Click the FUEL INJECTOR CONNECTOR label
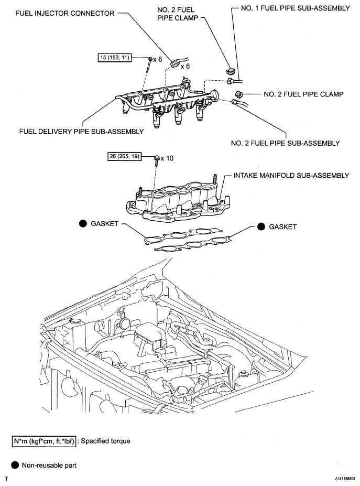pos(65,13)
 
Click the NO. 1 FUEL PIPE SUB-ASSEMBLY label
pos(295,8)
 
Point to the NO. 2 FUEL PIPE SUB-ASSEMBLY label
pos(286,143)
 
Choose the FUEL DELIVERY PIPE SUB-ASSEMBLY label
pos(81,132)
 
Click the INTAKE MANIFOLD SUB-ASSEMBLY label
pos(291,176)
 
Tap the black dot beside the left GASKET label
pos(83,223)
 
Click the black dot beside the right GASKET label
pos(261,226)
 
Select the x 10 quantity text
pos(167,158)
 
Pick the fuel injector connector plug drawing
pos(174,63)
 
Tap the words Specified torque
pos(106,441)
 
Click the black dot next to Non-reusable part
pos(15,465)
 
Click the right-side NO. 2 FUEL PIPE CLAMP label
pos(303,94)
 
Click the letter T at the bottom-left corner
pos(6,479)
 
